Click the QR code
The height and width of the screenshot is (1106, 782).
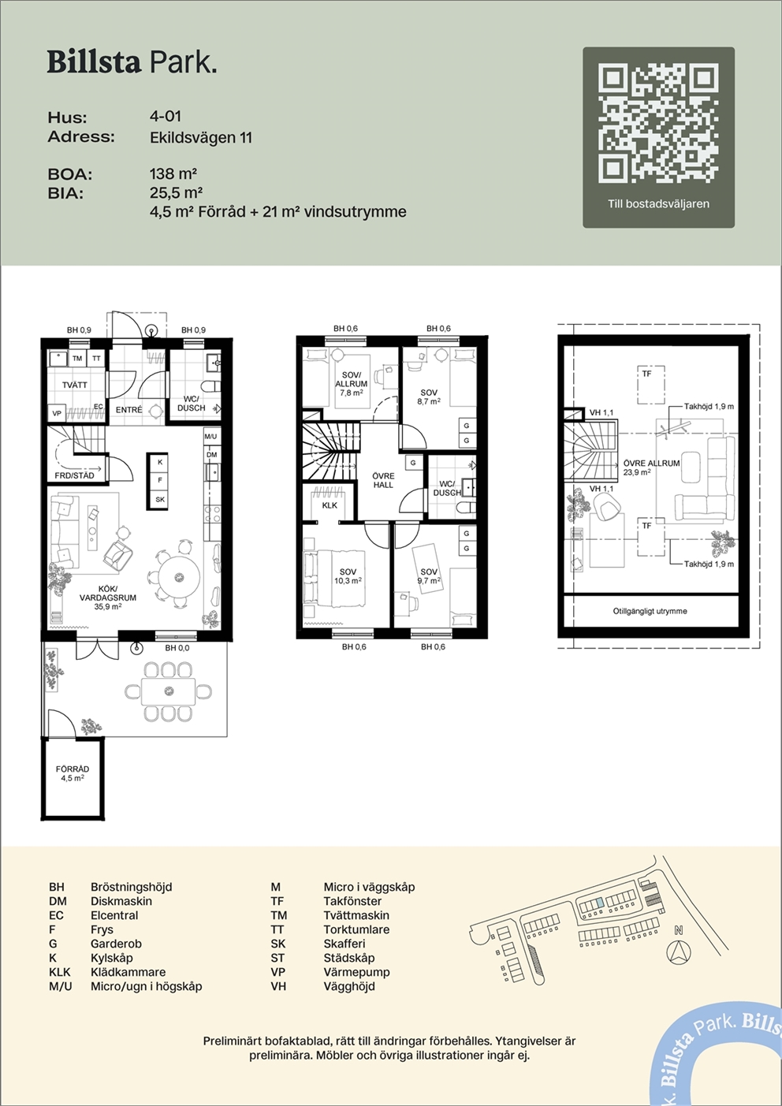click(658, 123)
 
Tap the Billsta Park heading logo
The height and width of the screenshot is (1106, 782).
click(132, 63)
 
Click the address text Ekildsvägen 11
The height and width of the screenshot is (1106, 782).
click(201, 137)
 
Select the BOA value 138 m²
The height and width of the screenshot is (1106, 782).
click(173, 173)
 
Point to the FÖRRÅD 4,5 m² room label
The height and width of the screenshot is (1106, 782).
click(73, 773)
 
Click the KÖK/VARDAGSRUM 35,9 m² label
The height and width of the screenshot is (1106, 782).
click(108, 598)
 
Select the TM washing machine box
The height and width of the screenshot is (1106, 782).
click(77, 359)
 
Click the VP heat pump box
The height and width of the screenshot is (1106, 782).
click(57, 413)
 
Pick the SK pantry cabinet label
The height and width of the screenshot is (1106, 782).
click(160, 499)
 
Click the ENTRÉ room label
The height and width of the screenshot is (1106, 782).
click(128, 410)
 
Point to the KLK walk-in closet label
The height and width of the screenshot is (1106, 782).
click(330, 505)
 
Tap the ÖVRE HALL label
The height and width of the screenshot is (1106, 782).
click(383, 480)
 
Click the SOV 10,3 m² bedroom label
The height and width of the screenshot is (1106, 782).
click(348, 576)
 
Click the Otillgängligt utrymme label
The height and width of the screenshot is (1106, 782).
click(650, 611)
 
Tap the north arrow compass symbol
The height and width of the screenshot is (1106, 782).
click(679, 951)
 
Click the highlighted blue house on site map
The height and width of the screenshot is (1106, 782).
click(600, 902)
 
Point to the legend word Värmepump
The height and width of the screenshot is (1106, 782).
click(356, 972)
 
